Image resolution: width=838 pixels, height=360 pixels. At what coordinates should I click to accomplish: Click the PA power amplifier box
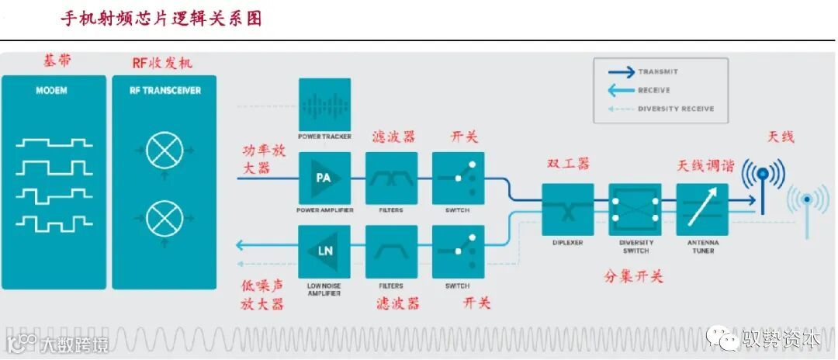[x=324, y=178]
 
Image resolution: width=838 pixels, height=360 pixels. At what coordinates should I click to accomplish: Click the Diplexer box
[x=567, y=209]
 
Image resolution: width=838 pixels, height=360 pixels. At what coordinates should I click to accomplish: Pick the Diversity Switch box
[x=635, y=209]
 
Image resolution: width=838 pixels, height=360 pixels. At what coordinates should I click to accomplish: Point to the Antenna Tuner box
[x=702, y=209]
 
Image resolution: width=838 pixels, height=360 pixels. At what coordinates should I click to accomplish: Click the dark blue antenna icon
[x=763, y=183]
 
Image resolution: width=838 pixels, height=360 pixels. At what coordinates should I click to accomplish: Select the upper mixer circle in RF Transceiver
[x=164, y=150]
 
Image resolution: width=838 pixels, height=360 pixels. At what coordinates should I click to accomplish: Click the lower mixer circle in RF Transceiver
[x=164, y=218]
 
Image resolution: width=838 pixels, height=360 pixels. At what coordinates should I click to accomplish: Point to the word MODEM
[x=52, y=91]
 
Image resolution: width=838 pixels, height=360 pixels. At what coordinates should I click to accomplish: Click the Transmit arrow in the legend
[x=620, y=72]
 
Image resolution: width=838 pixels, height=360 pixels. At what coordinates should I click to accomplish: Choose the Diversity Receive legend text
[x=675, y=109]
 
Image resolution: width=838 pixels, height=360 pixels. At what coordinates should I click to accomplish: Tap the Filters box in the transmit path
[x=391, y=178]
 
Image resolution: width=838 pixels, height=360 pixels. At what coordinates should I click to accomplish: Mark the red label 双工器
[x=568, y=164]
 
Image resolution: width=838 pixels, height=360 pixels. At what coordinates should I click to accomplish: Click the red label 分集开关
[x=633, y=276]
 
